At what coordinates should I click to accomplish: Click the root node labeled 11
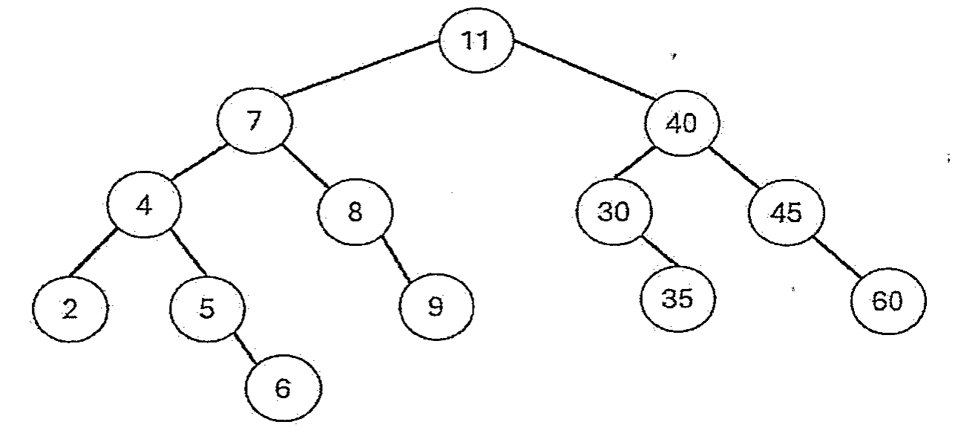(x=476, y=40)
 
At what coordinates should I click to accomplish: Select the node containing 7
(x=255, y=120)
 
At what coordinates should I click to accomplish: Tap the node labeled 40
(x=682, y=123)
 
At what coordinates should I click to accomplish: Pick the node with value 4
(x=144, y=205)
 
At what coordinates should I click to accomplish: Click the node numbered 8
(x=355, y=212)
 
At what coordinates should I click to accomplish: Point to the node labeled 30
(x=614, y=212)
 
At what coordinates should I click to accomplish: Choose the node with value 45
(x=787, y=213)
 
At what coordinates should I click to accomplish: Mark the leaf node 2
(x=70, y=308)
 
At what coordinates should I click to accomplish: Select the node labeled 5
(x=208, y=309)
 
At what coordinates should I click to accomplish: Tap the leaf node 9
(x=436, y=307)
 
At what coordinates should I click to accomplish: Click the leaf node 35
(x=678, y=299)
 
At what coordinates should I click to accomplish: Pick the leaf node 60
(x=888, y=301)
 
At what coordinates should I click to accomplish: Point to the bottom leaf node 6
(x=283, y=388)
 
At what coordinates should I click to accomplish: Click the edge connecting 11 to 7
(x=361, y=68)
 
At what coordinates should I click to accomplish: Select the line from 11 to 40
(x=585, y=71)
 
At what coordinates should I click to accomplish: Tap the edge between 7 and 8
(x=306, y=166)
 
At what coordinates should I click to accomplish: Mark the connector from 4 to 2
(x=93, y=253)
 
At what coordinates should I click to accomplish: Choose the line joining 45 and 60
(x=837, y=257)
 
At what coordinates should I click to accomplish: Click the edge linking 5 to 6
(x=246, y=348)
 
